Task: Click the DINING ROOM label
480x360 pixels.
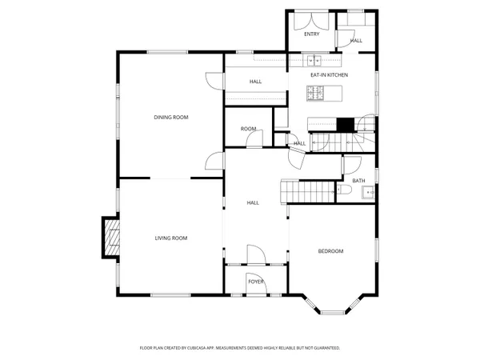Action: [170, 118]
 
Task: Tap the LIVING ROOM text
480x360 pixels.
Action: [170, 238]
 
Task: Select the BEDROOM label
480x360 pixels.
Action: [330, 251]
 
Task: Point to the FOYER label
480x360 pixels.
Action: [255, 282]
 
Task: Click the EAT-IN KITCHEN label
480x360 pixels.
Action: [329, 74]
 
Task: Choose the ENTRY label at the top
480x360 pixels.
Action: [311, 34]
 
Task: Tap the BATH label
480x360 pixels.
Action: [358, 181]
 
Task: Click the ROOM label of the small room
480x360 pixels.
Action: [248, 129]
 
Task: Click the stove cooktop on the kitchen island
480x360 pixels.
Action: [315, 94]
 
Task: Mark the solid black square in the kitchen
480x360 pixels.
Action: [345, 124]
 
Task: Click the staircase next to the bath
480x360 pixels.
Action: [308, 191]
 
